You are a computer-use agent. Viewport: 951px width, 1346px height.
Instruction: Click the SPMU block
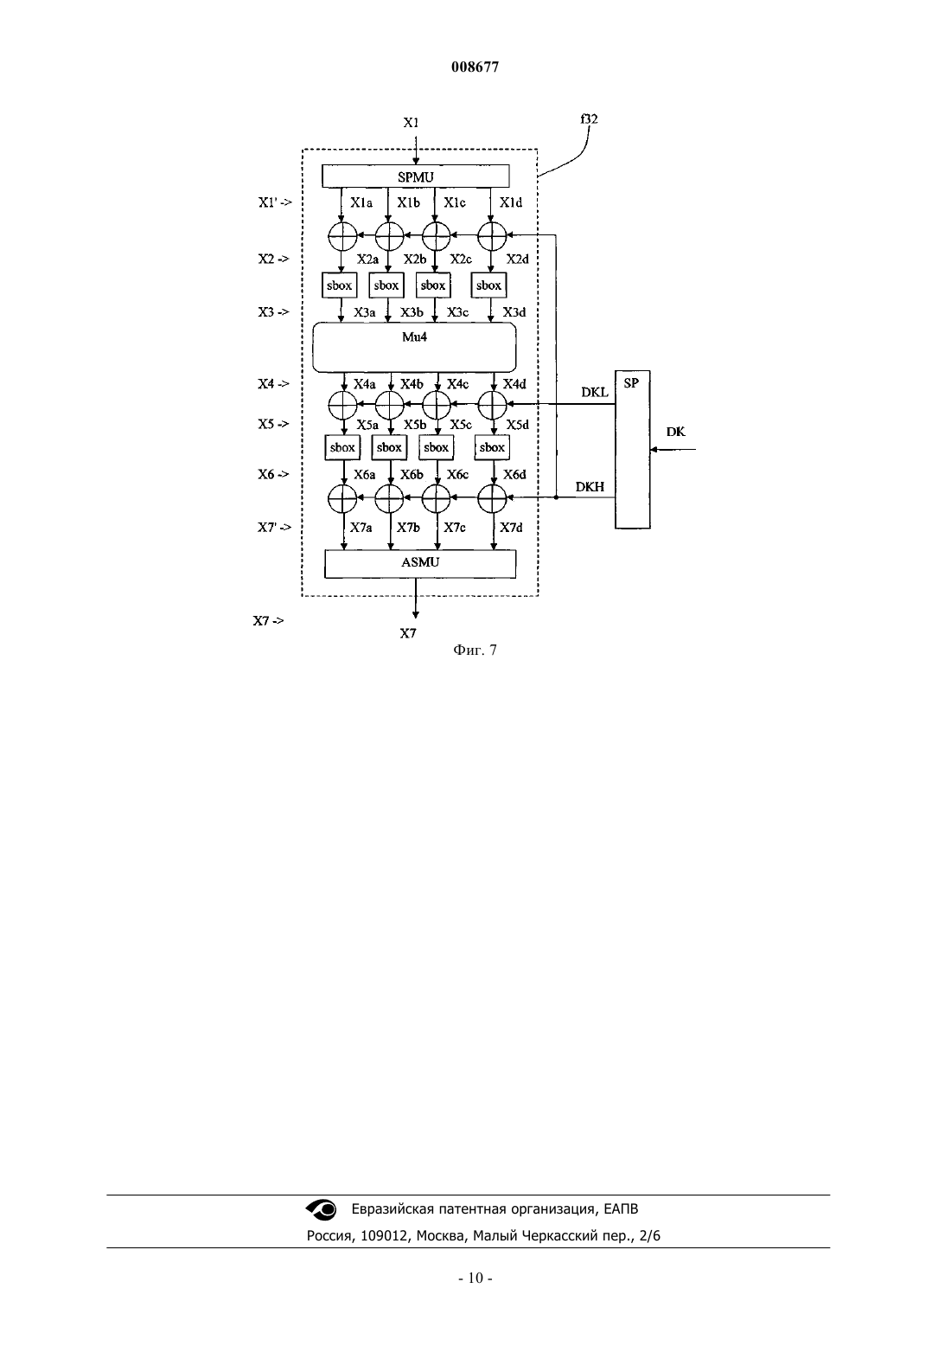(416, 176)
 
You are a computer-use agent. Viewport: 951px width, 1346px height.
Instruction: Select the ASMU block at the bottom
(419, 564)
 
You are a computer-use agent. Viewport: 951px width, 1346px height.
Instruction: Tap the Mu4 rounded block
(414, 348)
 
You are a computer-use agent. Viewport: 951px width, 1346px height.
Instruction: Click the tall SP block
(632, 450)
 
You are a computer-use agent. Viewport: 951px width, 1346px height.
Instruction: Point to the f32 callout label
(589, 119)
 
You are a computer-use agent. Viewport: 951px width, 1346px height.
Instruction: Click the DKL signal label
(595, 393)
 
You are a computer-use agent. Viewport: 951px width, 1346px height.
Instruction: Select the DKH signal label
(590, 487)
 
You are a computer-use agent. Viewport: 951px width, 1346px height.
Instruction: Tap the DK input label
(675, 432)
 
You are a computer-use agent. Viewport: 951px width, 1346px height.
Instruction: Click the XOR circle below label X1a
(343, 236)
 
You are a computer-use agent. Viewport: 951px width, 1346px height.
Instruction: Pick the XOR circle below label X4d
(492, 405)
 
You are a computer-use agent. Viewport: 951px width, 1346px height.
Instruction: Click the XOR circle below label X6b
(389, 498)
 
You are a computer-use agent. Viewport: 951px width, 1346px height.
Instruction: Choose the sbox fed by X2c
(433, 285)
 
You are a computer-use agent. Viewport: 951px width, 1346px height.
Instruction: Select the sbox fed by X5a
(342, 448)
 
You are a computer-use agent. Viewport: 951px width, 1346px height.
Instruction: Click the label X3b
(412, 312)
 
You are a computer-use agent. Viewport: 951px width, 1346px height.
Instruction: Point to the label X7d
(512, 528)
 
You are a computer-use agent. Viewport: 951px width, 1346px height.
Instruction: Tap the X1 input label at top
(411, 123)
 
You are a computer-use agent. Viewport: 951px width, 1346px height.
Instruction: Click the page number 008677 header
(475, 67)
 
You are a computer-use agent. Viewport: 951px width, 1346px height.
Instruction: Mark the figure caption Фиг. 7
(475, 650)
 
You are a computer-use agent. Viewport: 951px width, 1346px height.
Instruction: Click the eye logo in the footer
(322, 1209)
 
